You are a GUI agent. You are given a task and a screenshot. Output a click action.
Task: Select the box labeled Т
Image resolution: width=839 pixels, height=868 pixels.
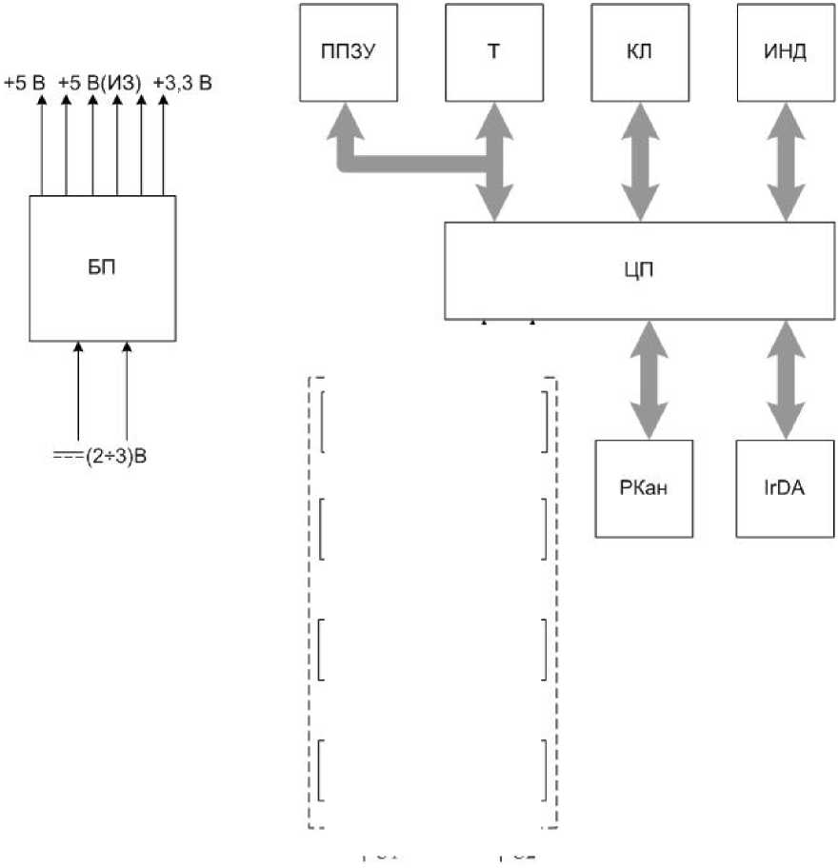pos(494,52)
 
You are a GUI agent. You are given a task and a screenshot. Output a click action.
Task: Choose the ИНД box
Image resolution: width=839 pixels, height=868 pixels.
pos(786,52)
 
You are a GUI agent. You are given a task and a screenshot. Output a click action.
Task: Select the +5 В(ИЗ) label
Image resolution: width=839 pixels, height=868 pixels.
pos(99,84)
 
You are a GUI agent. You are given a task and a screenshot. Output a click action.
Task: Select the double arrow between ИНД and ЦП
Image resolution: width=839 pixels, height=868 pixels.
pos(786,162)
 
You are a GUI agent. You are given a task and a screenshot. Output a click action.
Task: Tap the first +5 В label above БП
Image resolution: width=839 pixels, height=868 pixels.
pos(25,84)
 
